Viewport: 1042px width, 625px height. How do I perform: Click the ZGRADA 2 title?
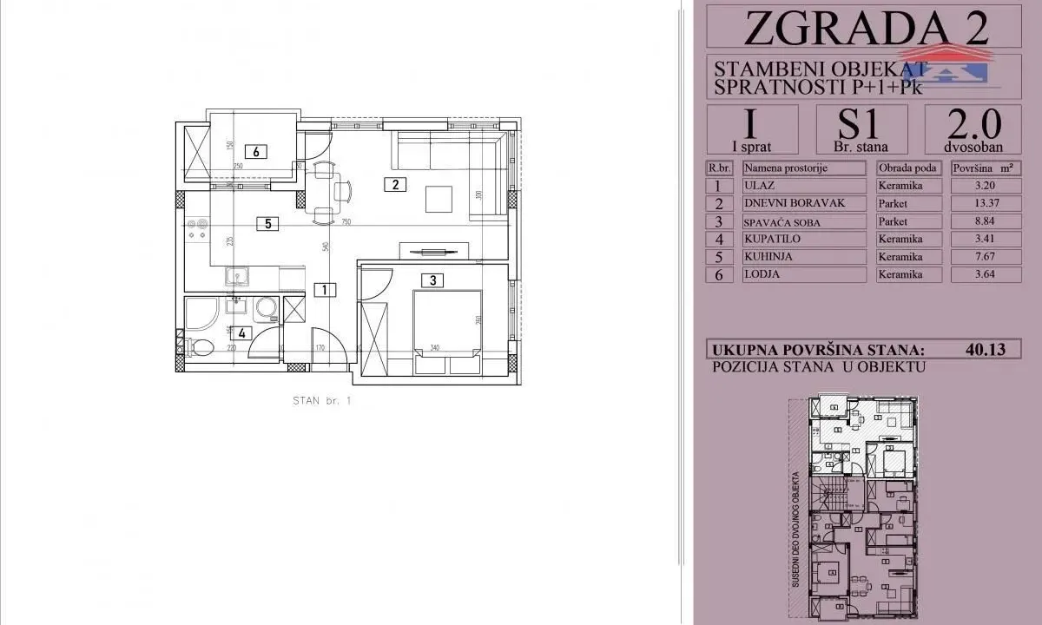point(865,28)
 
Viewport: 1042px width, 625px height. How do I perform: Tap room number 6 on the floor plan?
point(256,151)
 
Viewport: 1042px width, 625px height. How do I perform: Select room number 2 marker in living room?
point(395,184)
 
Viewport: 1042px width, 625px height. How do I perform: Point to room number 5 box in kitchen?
point(268,224)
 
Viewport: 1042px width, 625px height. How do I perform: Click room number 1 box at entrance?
point(323,289)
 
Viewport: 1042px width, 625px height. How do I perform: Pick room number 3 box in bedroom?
point(432,280)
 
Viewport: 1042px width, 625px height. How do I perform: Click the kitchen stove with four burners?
point(196,229)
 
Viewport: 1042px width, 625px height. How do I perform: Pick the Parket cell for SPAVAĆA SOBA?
point(909,221)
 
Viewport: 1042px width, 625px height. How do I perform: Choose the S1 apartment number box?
point(862,128)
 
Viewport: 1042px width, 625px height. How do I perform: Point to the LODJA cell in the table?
point(803,274)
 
